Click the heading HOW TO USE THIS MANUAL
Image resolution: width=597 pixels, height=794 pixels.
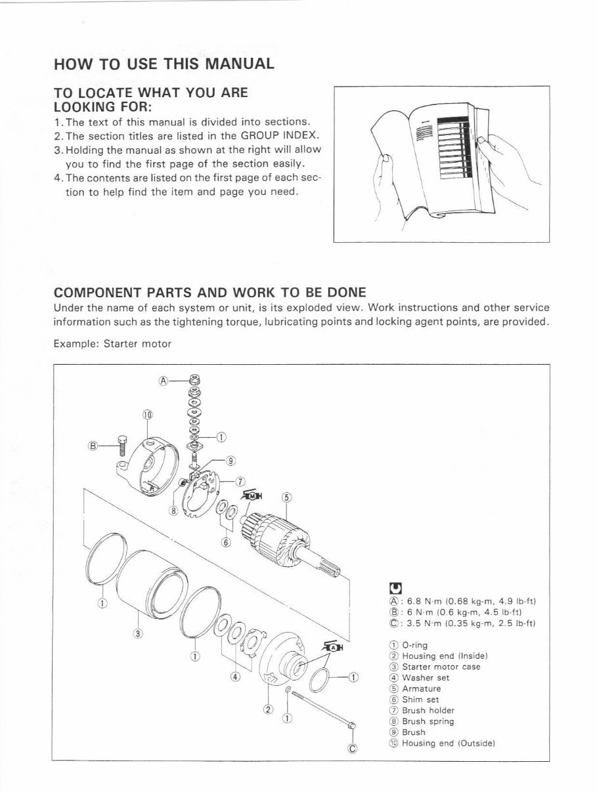pos(164,64)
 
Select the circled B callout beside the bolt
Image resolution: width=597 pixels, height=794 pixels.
pos(93,446)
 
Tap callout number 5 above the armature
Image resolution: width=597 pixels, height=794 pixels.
pos(286,496)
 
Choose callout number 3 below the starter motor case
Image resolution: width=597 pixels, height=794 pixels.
pos(137,634)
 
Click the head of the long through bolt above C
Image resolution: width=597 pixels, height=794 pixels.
pos(351,725)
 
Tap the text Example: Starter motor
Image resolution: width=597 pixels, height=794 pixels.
pos(112,344)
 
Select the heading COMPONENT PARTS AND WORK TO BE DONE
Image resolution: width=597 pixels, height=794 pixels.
pos(210,291)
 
